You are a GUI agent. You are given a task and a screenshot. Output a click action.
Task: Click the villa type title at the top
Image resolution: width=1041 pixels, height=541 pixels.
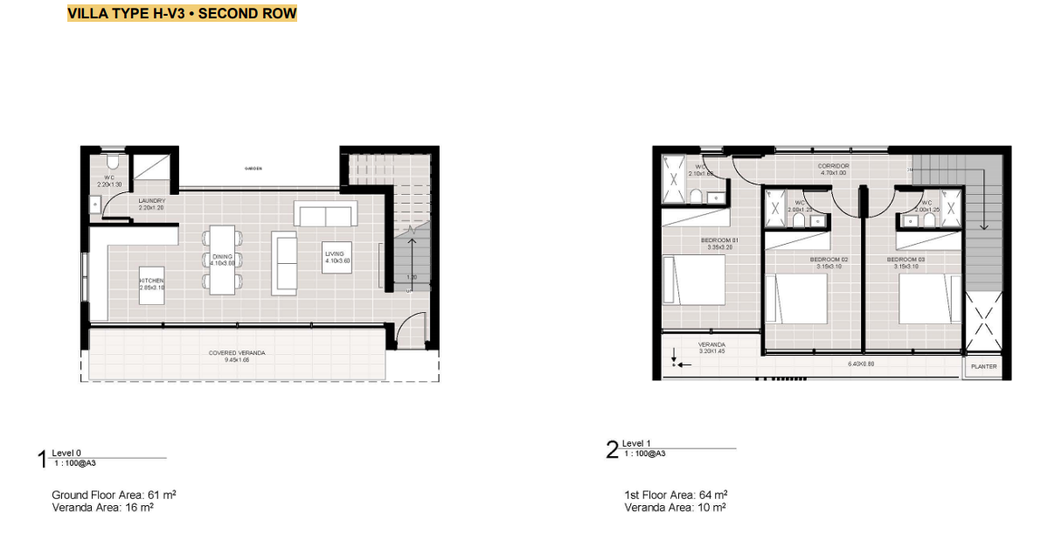182,14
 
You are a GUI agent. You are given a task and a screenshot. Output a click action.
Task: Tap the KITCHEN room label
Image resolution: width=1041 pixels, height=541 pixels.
151,281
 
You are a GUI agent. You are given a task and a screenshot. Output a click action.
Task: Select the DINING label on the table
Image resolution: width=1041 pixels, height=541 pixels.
222,257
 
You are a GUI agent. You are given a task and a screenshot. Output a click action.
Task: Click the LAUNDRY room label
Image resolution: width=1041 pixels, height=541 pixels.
152,204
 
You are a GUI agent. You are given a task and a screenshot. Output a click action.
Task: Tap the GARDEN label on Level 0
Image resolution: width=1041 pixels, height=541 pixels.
254,168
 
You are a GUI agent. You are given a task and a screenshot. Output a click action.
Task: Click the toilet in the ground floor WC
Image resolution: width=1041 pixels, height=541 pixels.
111,163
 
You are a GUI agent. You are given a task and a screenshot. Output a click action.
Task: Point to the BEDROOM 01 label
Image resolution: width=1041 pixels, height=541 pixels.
719,243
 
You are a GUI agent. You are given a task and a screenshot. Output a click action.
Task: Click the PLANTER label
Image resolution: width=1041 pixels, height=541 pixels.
983,367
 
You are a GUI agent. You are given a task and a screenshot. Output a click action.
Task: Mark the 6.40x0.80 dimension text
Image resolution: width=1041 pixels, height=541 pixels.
861,364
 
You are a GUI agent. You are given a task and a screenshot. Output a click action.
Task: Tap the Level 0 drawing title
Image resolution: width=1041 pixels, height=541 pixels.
66,453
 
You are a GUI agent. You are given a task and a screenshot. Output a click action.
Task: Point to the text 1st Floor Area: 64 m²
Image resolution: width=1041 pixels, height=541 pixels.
676,495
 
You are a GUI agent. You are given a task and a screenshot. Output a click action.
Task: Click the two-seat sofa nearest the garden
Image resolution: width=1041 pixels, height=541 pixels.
326,214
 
